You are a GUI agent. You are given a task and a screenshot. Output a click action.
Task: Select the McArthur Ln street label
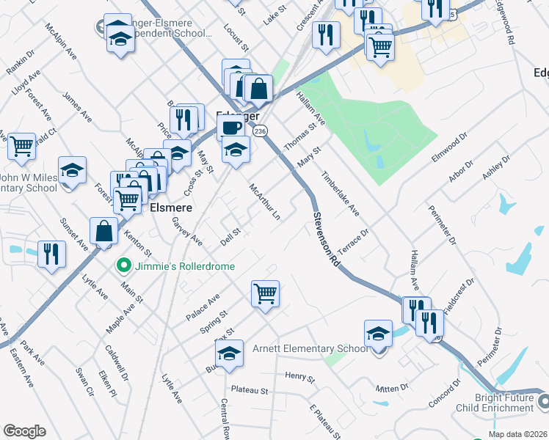click(265, 202)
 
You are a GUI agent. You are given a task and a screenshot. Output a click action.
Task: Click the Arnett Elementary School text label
click(310, 348)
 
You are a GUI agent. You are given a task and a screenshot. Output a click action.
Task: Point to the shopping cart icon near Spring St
click(265, 294)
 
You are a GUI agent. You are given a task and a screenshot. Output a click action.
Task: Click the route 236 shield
click(259, 130)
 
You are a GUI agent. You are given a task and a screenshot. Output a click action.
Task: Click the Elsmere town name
click(171, 208)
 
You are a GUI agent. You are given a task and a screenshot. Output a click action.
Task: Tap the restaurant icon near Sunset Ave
click(51, 254)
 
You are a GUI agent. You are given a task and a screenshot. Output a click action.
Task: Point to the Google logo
click(24, 431)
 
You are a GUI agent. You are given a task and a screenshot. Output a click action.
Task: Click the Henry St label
click(299, 378)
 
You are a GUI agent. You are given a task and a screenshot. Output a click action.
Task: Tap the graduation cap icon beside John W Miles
click(73, 170)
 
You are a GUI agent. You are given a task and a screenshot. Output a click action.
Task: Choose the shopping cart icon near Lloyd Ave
click(22, 146)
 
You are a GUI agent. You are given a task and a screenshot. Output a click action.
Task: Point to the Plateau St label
click(250, 391)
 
